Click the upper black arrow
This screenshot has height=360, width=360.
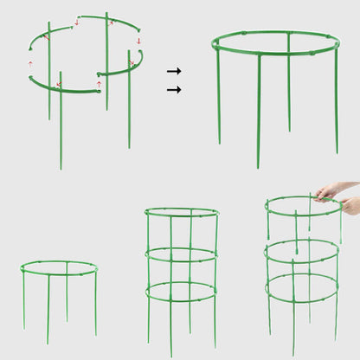(174, 71)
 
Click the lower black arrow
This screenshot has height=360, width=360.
(174, 89)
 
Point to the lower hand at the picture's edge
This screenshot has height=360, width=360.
(350, 206)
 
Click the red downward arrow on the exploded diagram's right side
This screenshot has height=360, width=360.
(138, 41)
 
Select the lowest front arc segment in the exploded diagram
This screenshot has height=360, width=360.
(65, 89)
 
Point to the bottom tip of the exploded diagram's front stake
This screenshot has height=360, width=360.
(61, 166)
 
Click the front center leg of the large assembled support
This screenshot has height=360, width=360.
(258, 112)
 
